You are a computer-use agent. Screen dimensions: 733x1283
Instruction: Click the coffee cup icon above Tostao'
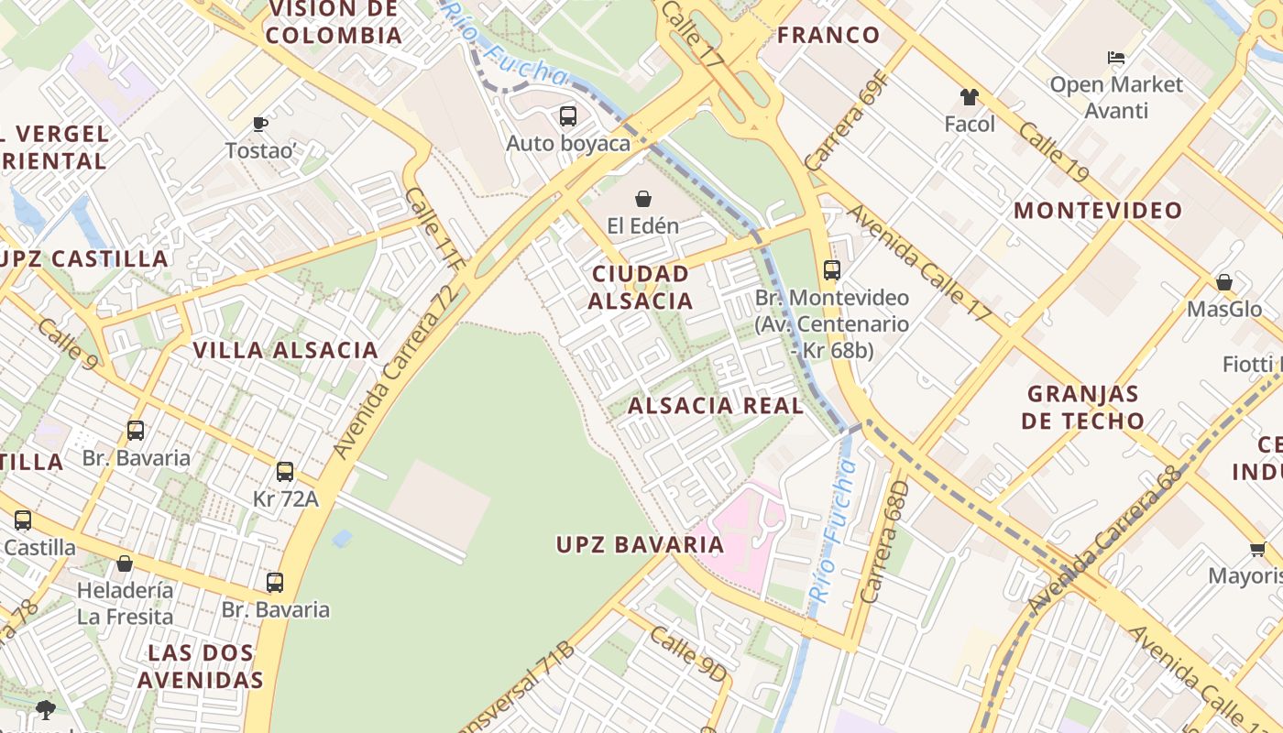[x=260, y=124]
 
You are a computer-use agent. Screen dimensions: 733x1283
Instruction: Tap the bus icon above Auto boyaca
[x=568, y=116]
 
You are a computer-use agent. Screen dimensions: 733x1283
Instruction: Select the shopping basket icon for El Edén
[x=643, y=199]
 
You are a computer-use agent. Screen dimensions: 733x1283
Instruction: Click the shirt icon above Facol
[x=969, y=97]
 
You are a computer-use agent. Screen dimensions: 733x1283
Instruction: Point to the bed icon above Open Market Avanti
[x=1115, y=58]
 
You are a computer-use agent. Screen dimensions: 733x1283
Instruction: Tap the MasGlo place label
[x=1224, y=309]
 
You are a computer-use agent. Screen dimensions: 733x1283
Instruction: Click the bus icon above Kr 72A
[x=285, y=472]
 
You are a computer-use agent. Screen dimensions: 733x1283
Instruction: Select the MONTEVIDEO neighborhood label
[x=1098, y=211]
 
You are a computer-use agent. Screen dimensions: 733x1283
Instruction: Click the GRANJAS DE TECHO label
[x=1083, y=408]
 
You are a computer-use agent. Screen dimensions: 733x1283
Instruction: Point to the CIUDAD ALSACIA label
[x=641, y=288]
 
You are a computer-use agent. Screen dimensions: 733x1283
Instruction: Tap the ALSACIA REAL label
[x=716, y=406]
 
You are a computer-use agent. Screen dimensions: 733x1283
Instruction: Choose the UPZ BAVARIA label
[x=641, y=545]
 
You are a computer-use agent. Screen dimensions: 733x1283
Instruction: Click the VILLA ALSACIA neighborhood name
[x=286, y=350]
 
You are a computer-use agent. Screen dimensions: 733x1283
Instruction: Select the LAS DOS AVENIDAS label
[x=200, y=667]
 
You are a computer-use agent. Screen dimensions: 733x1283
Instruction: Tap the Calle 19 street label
[x=1053, y=152]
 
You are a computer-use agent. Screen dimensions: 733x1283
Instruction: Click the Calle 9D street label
[x=689, y=654]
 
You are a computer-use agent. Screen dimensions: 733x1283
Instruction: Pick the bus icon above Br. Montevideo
[x=832, y=270]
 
